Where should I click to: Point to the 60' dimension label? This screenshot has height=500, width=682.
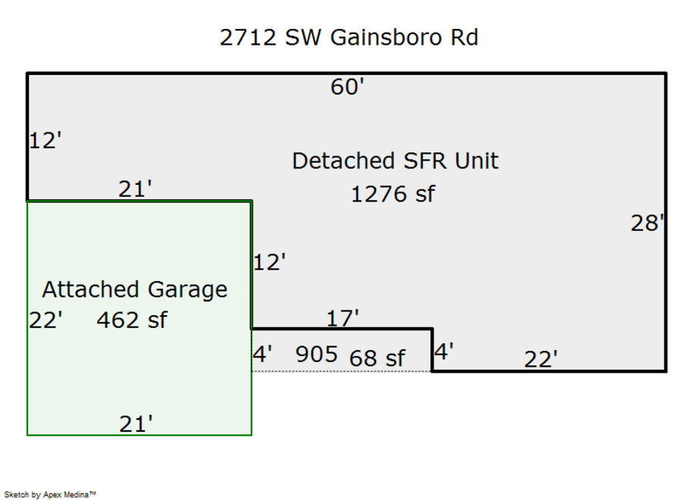click(x=347, y=87)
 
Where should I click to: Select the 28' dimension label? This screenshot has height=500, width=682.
click(x=648, y=223)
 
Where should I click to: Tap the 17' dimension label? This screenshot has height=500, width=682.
click(x=343, y=317)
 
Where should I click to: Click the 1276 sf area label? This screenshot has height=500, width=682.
click(x=393, y=194)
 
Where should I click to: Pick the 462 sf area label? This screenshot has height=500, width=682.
click(x=131, y=320)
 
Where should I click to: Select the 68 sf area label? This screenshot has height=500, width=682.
click(x=377, y=358)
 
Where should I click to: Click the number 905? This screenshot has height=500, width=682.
click(x=316, y=354)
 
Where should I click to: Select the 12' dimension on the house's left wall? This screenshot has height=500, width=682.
click(x=45, y=140)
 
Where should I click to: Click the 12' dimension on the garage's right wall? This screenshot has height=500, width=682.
click(x=269, y=262)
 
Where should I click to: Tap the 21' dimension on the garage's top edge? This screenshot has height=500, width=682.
click(x=135, y=189)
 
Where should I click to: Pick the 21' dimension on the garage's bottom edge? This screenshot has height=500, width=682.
click(x=136, y=424)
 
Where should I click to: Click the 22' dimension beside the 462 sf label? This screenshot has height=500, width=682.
click(x=45, y=320)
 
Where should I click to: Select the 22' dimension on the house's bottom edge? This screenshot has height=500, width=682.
click(x=540, y=359)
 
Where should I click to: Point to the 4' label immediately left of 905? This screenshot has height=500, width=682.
click(x=262, y=354)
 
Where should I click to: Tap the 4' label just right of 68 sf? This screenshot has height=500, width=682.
click(x=444, y=351)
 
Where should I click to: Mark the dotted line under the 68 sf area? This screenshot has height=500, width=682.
click(x=341, y=371)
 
